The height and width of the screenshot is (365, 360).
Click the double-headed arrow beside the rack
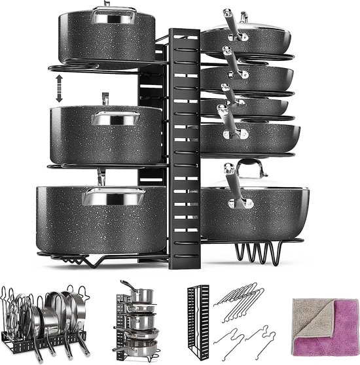pos(58,88)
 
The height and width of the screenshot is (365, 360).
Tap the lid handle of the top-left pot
pos(109,12)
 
